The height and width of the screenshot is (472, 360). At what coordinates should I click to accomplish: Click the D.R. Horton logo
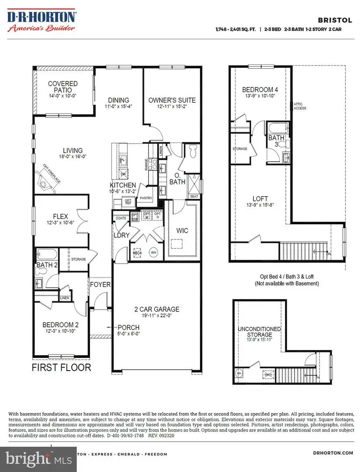(42, 21)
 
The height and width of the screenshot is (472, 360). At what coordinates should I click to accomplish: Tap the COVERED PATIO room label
(63, 87)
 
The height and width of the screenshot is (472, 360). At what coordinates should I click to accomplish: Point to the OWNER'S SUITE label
(171, 100)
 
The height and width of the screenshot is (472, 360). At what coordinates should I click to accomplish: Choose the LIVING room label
(72, 151)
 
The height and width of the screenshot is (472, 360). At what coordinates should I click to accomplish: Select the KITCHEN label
(122, 185)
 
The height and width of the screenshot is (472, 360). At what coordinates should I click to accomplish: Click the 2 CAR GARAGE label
(157, 309)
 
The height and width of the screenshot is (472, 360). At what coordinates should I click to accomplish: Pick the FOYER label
(100, 285)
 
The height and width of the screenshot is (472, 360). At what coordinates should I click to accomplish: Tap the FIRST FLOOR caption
(61, 368)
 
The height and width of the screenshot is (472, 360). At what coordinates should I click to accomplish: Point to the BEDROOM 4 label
(260, 90)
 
